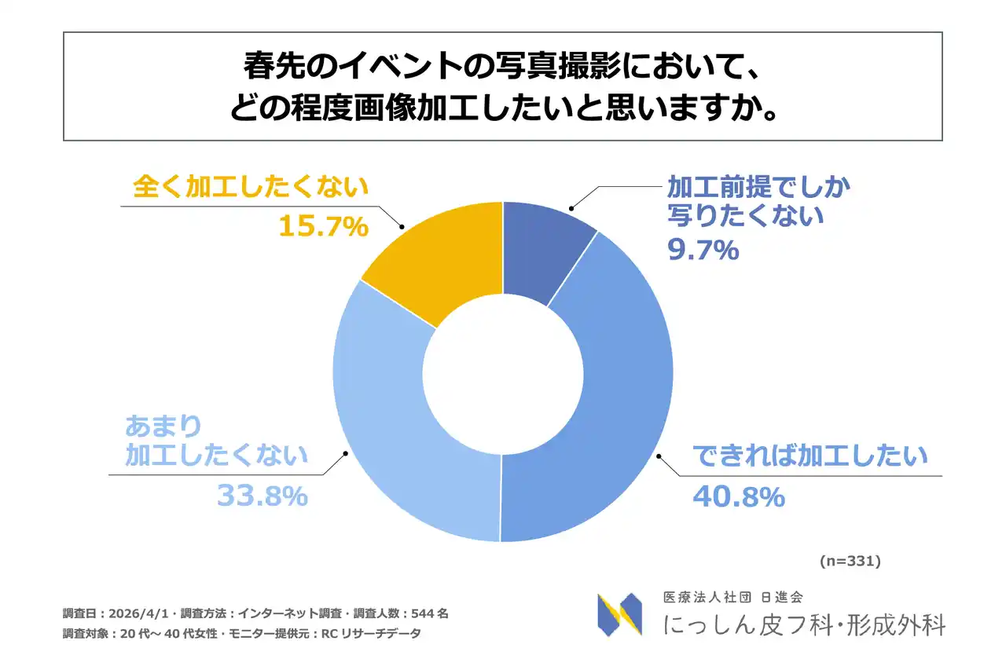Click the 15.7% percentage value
(323, 227)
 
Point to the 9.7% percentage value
(703, 250)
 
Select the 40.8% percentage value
(738, 496)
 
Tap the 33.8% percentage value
(262, 496)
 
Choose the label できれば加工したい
(810, 456)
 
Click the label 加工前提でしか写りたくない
(758, 200)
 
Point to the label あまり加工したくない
(216, 441)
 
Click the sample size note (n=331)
(850, 562)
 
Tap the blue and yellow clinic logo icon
(619, 614)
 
